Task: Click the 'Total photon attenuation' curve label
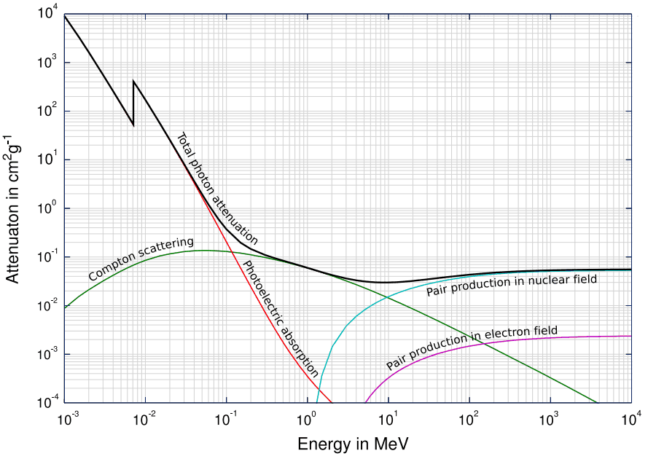[x=218, y=188]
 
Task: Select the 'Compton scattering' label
[x=141, y=259]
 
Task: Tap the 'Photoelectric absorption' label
[x=281, y=318]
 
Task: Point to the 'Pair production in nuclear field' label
[x=511, y=285]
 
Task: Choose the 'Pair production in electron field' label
[x=472, y=348]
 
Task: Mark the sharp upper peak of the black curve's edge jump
[x=133, y=81]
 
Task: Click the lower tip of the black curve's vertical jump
[x=133, y=125]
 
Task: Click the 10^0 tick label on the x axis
[x=307, y=420]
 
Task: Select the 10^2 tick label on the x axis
[x=469, y=420]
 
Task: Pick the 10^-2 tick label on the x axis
[x=145, y=420]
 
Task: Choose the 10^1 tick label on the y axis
[x=48, y=160]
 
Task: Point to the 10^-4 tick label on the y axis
[x=47, y=403]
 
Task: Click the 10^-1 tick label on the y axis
[x=47, y=257]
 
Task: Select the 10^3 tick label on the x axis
[x=550, y=420]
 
